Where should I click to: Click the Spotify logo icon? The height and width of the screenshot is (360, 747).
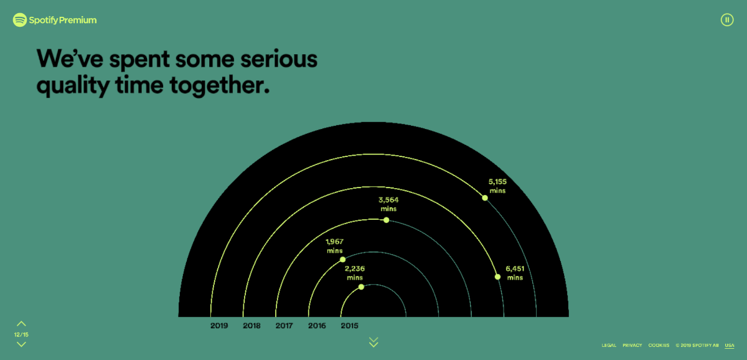pyautogui.click(x=20, y=20)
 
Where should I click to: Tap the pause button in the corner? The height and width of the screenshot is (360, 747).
pyautogui.click(x=727, y=20)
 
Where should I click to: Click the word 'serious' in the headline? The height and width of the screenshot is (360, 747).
pyautogui.click(x=279, y=59)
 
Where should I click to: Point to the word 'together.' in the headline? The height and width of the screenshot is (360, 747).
pyautogui.click(x=219, y=85)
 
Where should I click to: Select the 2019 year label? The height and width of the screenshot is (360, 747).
pyautogui.click(x=219, y=326)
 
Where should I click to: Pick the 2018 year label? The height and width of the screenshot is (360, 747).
pyautogui.click(x=251, y=326)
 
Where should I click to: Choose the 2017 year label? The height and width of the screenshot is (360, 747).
pyautogui.click(x=284, y=326)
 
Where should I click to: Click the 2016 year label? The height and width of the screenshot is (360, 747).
pyautogui.click(x=317, y=326)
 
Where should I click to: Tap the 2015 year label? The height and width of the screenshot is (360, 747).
pyautogui.click(x=349, y=326)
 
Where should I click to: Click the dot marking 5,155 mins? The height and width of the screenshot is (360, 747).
pyautogui.click(x=485, y=198)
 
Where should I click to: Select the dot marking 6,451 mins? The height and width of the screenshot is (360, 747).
pyautogui.click(x=497, y=277)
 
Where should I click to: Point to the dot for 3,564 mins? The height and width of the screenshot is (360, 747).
pyautogui.click(x=386, y=220)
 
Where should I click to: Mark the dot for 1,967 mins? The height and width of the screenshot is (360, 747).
pyautogui.click(x=342, y=259)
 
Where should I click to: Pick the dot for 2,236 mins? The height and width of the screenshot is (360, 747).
pyautogui.click(x=361, y=287)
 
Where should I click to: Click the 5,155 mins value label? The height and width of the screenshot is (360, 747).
pyautogui.click(x=497, y=186)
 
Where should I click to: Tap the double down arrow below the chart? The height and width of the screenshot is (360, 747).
pyautogui.click(x=374, y=342)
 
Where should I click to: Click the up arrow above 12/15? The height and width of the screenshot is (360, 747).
pyautogui.click(x=21, y=324)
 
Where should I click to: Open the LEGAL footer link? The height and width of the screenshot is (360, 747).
pyautogui.click(x=609, y=345)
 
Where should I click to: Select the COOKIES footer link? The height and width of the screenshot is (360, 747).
pyautogui.click(x=659, y=345)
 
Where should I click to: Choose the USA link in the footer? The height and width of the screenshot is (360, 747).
pyautogui.click(x=730, y=345)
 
